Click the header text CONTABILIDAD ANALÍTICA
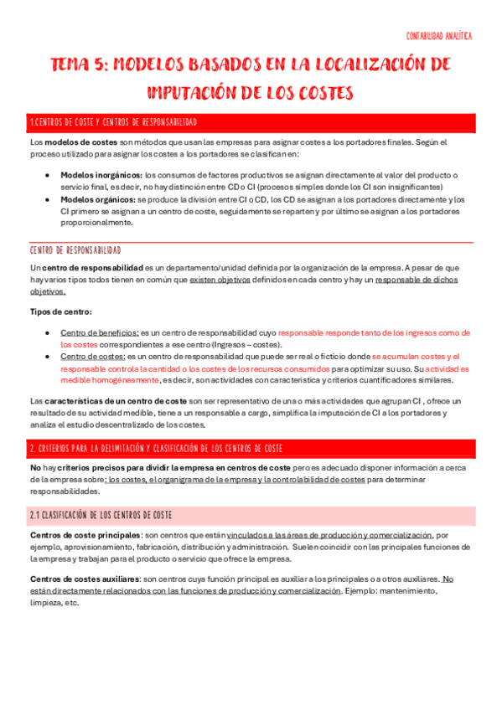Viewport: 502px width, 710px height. pos(438,37)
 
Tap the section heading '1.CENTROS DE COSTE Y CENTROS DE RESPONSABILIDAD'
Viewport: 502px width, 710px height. pos(113,122)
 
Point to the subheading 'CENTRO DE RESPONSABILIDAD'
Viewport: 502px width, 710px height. pos(75,250)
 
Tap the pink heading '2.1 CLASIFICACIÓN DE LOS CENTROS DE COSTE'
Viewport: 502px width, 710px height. pos(101,513)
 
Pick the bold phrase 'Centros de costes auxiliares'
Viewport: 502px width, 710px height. pos(85,579)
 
